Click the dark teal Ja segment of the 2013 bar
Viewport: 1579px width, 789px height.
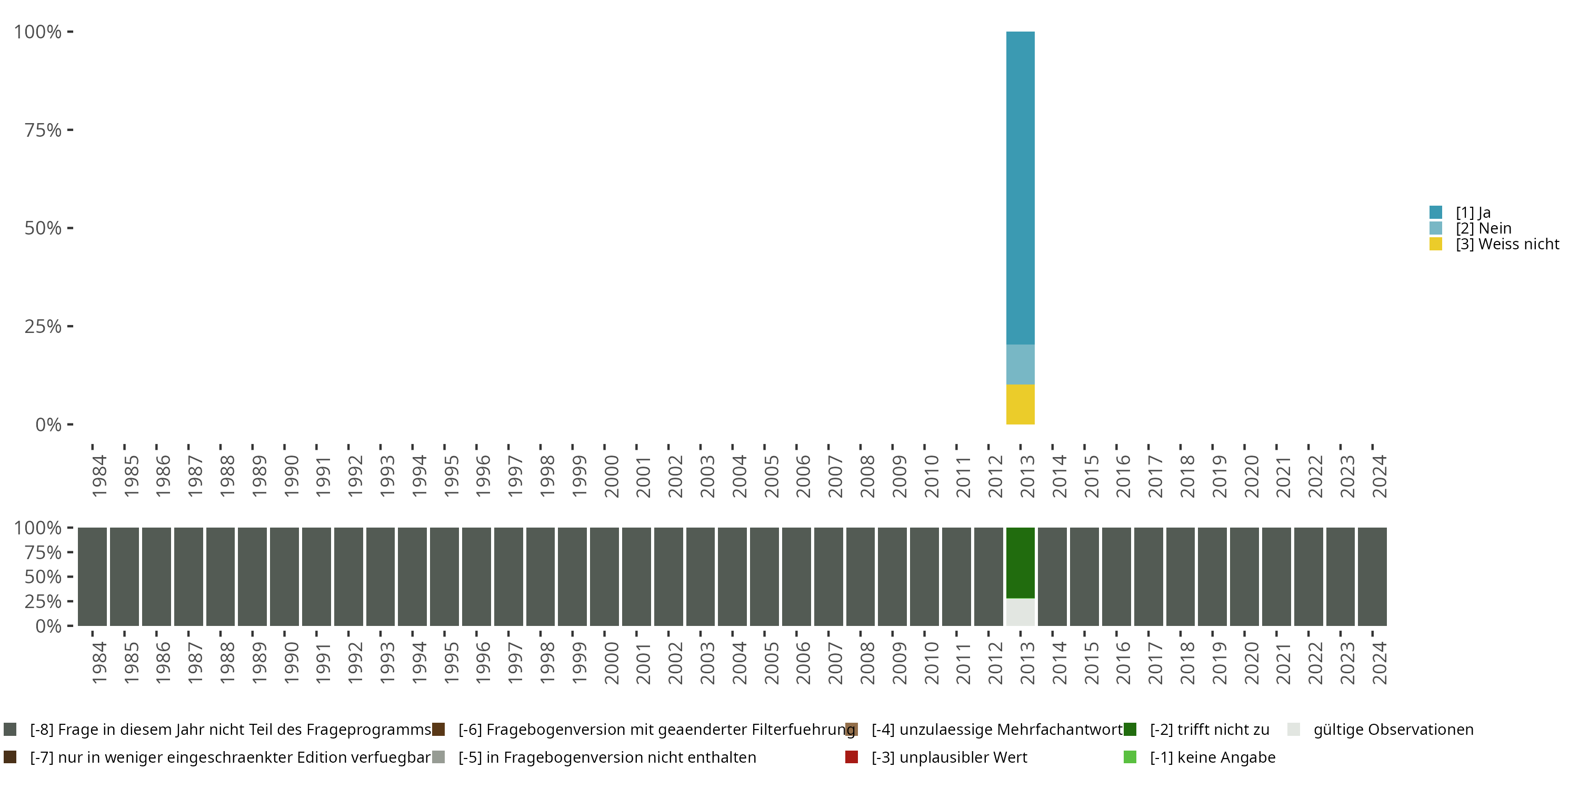tap(1020, 187)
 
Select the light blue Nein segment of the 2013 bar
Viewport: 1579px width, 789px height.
tap(1020, 365)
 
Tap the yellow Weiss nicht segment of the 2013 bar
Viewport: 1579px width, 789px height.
tap(1020, 404)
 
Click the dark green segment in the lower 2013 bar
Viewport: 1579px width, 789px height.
tap(1020, 562)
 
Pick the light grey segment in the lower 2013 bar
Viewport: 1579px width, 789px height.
tap(1020, 612)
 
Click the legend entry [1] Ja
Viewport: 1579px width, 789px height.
tap(1473, 213)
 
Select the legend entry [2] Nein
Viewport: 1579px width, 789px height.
tap(1483, 228)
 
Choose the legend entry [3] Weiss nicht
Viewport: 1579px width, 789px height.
tap(1507, 245)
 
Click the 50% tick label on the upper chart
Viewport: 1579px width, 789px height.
tap(43, 228)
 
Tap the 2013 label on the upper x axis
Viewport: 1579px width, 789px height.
tap(1027, 476)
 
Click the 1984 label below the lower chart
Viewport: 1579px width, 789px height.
tap(99, 663)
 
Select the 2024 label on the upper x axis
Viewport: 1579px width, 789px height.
tap(1379, 476)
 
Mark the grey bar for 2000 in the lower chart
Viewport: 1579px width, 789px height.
tap(604, 576)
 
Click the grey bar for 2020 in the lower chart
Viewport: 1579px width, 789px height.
tap(1244, 576)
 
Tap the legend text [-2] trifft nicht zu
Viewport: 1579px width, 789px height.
tap(1209, 730)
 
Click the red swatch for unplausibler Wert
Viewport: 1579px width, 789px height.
tap(852, 757)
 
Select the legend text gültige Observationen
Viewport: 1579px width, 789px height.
tap(1393, 730)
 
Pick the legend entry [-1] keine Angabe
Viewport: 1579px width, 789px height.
tap(1212, 757)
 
